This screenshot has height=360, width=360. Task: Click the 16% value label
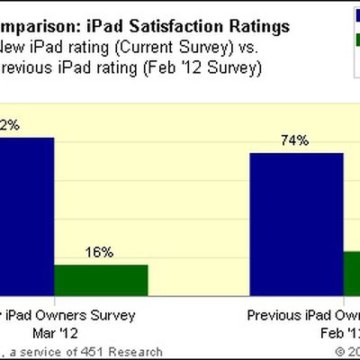(x=100, y=253)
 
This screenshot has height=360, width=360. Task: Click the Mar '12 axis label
(x=77, y=332)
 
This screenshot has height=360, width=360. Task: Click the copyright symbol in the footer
(x=340, y=352)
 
